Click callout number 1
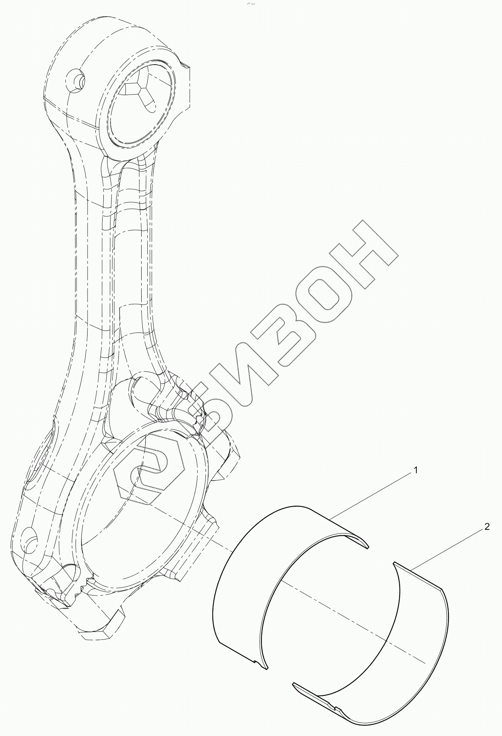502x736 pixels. coord(416,470)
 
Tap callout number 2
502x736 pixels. coord(487,527)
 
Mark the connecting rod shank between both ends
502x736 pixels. coord(109,263)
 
